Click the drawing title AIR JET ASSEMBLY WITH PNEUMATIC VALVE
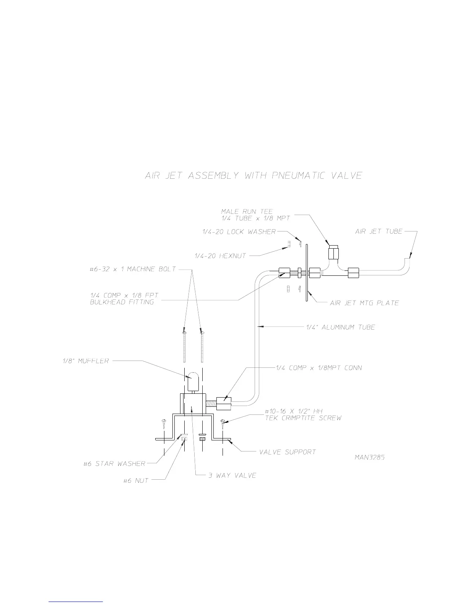pos(253,176)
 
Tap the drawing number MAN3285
pos(369,457)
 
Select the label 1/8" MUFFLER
pos(86,361)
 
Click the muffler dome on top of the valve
pos(192,380)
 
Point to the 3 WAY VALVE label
pos(232,476)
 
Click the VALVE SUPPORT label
pos(288,452)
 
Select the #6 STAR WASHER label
pos(114,464)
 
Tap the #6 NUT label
pos(136,481)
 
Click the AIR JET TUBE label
pos(379,231)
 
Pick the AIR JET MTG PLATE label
pos(364,303)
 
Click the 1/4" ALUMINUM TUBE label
pos(341,327)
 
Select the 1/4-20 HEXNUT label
pos(221,256)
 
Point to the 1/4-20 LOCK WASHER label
pos(239,231)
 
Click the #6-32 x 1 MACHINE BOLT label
pos(133,269)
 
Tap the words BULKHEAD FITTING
pos(122,302)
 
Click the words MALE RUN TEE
pos(247,211)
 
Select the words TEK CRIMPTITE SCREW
pos(303,418)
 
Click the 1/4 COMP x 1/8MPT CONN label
pos(319,368)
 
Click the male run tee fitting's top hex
pos(333,252)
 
